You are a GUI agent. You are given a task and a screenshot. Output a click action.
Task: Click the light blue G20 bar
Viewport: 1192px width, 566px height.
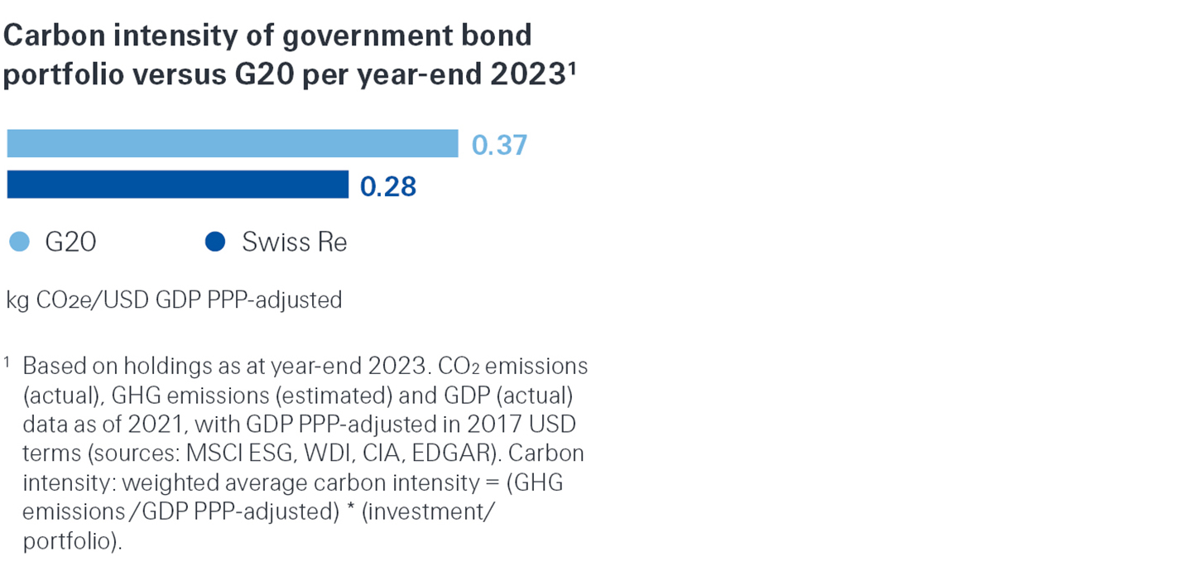click(232, 144)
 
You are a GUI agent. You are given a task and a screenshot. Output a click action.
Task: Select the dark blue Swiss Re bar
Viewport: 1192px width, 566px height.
click(177, 185)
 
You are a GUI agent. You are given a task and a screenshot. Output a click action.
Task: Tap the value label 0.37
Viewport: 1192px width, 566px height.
click(499, 145)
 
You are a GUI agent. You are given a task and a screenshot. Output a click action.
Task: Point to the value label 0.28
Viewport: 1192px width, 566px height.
click(388, 186)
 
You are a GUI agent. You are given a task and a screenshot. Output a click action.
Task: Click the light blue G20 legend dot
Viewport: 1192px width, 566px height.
click(19, 242)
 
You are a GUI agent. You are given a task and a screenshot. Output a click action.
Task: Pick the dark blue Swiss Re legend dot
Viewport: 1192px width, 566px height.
click(215, 242)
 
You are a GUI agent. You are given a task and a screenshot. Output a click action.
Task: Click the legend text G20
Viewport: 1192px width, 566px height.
click(70, 242)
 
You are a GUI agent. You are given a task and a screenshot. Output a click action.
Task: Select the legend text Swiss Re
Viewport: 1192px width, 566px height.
click(294, 242)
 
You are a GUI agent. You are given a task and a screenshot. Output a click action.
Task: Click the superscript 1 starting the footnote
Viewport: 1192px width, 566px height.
click(7, 362)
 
